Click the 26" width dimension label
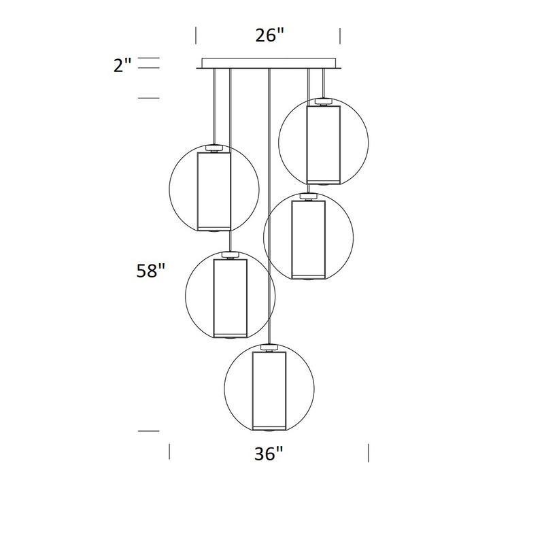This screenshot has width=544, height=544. [x=269, y=35]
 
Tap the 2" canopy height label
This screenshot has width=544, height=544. [x=122, y=65]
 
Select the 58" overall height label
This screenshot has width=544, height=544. [x=150, y=271]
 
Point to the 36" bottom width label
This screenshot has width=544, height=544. [x=269, y=454]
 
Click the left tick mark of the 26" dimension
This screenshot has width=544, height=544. [x=196, y=36]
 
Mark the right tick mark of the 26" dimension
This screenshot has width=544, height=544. [x=340, y=36]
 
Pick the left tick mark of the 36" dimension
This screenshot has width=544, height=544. [x=169, y=452]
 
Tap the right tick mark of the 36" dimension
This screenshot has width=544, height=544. [x=369, y=452]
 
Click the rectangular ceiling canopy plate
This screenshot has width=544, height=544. [x=269, y=63]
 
